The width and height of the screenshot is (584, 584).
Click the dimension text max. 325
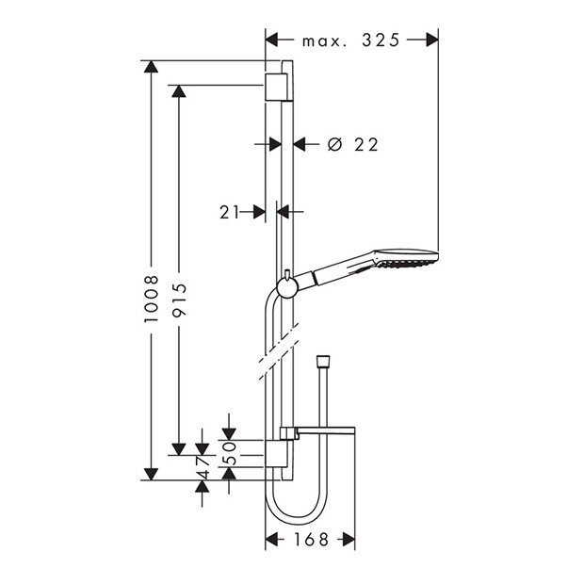(x=350, y=41)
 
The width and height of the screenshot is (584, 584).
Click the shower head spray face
(x=411, y=257)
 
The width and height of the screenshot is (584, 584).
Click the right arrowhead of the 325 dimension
(x=432, y=41)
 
